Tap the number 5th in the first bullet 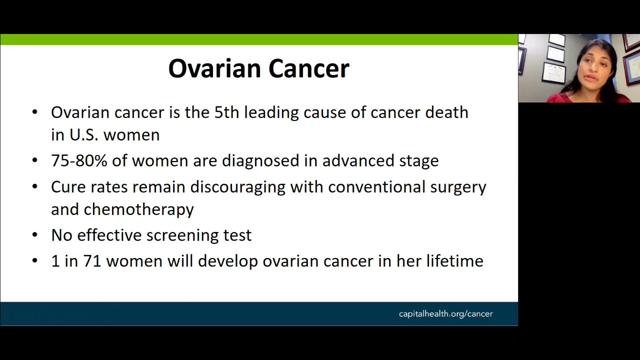pos(226,112)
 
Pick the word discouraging pos(237,187)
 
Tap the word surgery pos(458,187)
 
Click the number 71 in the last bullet pos(92,261)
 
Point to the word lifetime pos(454,261)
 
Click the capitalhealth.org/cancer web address pos(445,314)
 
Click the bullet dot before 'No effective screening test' pos(34,234)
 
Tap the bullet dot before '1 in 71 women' pos(34,260)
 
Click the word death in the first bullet pos(446,112)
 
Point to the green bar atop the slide pos(259,39)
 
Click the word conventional pos(376,187)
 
